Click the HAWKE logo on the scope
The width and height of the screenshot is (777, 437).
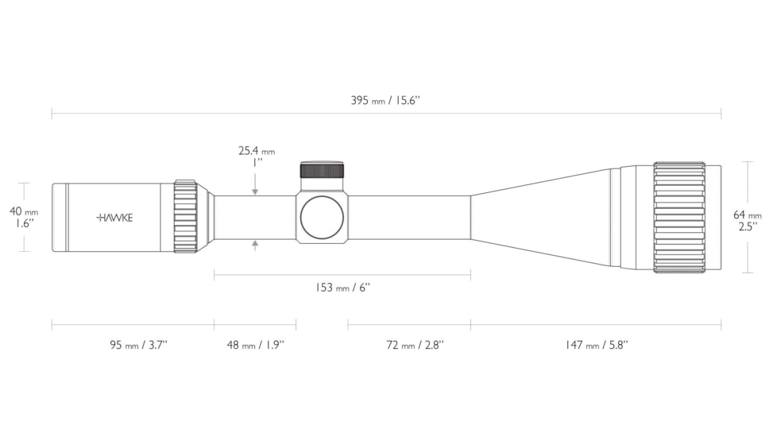click(114, 218)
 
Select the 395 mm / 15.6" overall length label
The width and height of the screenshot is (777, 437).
click(385, 101)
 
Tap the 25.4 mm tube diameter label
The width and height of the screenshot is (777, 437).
click(256, 151)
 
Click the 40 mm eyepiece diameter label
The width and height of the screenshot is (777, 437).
click(24, 211)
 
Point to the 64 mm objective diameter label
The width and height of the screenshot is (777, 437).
click(748, 215)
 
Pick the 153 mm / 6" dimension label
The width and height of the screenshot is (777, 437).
click(342, 288)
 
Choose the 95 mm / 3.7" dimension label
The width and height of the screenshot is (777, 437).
click(139, 345)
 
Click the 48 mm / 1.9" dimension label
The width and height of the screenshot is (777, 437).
click(256, 345)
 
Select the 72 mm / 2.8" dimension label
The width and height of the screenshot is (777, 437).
click(416, 345)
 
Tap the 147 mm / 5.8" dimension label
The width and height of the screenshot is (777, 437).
click(597, 345)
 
